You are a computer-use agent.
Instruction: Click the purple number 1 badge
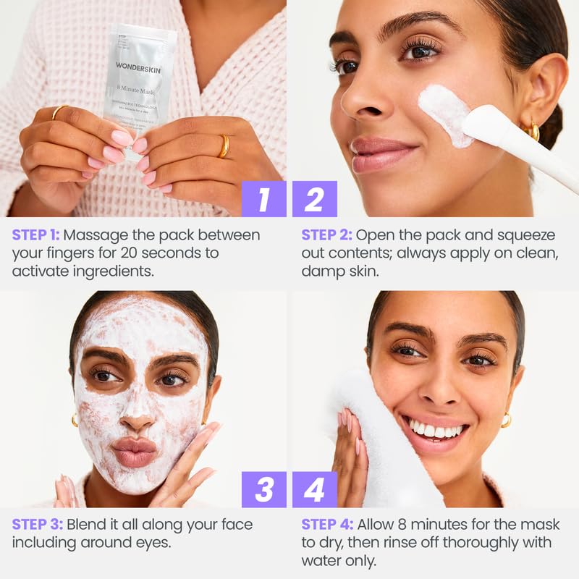(x=263, y=199)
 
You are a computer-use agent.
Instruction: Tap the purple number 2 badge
(x=315, y=199)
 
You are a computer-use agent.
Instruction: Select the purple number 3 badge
(x=263, y=489)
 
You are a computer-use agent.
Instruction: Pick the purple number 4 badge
(x=315, y=489)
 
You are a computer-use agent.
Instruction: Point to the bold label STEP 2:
(x=326, y=235)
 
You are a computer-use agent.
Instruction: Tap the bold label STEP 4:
(x=326, y=524)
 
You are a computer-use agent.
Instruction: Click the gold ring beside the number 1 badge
(x=224, y=145)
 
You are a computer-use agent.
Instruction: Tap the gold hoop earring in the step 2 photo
(x=533, y=131)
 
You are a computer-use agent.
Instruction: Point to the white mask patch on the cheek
(x=445, y=112)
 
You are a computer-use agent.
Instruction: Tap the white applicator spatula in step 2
(x=517, y=145)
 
